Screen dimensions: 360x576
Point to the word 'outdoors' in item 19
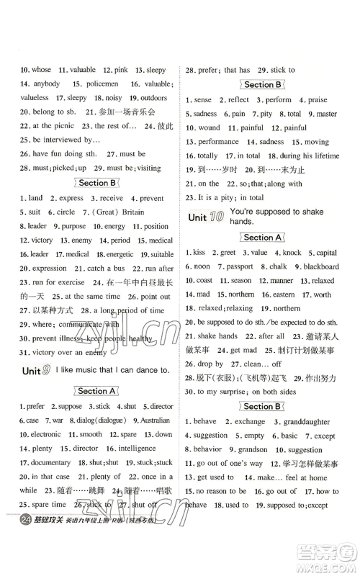point(153,97)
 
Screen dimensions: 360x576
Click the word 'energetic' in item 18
point(120,254)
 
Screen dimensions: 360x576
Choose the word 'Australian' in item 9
point(154,420)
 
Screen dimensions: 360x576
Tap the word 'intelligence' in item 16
point(138,448)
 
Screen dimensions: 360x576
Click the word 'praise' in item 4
point(318,99)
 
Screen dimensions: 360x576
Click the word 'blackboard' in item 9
point(320,266)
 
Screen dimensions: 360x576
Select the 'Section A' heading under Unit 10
point(262,237)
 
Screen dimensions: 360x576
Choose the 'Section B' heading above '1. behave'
point(262,406)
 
